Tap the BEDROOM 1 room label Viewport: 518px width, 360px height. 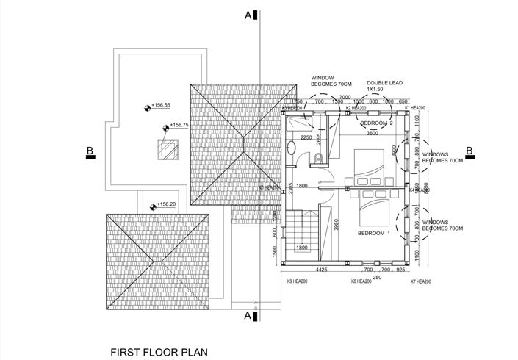(x=375, y=233)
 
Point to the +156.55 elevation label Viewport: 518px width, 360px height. (x=160, y=105)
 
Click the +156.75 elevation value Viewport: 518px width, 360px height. (x=179, y=126)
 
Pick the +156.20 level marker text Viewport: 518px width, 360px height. (x=166, y=205)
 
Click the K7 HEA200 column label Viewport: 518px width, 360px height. (x=421, y=281)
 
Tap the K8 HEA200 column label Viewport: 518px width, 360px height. (x=361, y=281)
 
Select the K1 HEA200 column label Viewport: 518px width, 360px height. (x=415, y=107)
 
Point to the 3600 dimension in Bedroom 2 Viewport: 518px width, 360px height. (x=373, y=134)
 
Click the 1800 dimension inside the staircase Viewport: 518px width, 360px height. (x=301, y=248)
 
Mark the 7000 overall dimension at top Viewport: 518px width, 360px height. (x=344, y=97)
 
